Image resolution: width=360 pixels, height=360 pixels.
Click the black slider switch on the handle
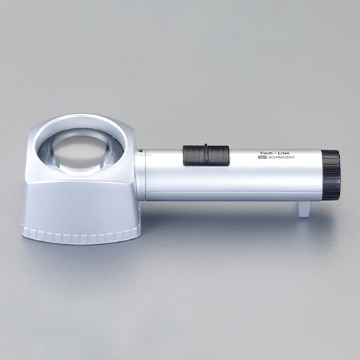[206, 155]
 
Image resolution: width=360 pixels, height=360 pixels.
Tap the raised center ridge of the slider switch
[206, 154]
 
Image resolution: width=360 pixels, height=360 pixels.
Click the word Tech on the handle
[266, 153]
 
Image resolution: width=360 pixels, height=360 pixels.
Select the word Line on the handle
[284, 153]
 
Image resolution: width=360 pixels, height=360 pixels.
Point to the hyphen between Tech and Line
[276, 153]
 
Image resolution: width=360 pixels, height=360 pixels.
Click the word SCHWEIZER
[279, 158]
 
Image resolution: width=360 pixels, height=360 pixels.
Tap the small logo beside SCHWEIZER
[261, 158]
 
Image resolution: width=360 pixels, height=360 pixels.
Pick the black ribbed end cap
[330, 175]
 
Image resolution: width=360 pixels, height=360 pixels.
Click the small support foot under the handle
[305, 209]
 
